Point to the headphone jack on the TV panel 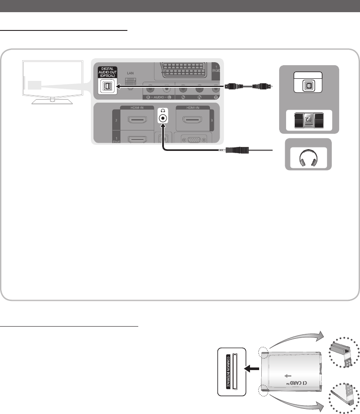point(163,118)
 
